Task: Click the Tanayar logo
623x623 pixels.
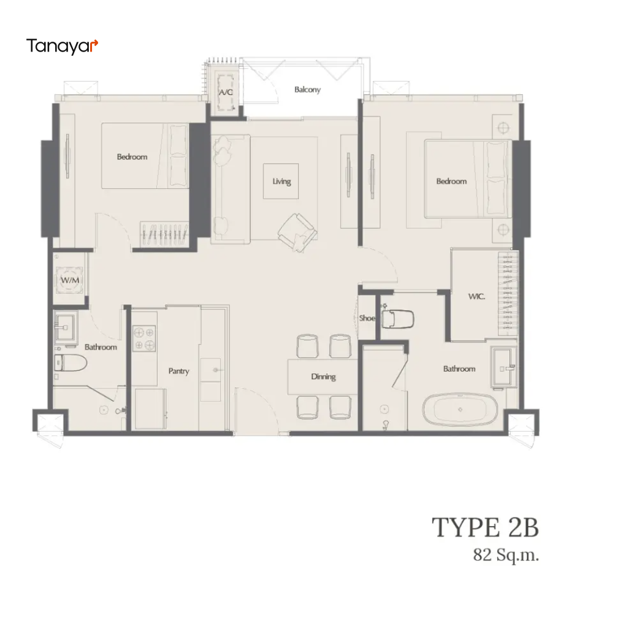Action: click(62, 46)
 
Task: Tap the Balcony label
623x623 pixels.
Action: click(308, 90)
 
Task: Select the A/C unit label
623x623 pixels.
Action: click(226, 93)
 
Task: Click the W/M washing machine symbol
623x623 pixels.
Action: click(69, 280)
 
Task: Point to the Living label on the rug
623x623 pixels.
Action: click(281, 182)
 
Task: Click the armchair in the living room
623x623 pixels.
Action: click(297, 232)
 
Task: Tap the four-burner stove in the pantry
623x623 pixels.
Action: click(144, 338)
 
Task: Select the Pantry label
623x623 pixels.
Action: click(179, 371)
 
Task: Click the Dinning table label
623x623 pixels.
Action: click(323, 376)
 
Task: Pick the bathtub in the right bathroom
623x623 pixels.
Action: click(460, 410)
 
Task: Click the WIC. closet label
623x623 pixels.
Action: click(476, 296)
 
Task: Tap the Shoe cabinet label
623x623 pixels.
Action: click(367, 318)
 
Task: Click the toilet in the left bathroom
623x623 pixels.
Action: click(71, 363)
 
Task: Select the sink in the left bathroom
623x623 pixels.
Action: click(66, 327)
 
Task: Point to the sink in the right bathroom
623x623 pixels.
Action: click(504, 367)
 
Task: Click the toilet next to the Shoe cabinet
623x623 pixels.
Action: click(397, 319)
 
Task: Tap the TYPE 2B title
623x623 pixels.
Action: click(485, 527)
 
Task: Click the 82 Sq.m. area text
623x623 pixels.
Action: click(506, 555)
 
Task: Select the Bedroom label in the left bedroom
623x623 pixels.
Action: click(132, 157)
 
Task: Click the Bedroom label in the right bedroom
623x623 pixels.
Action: click(451, 182)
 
